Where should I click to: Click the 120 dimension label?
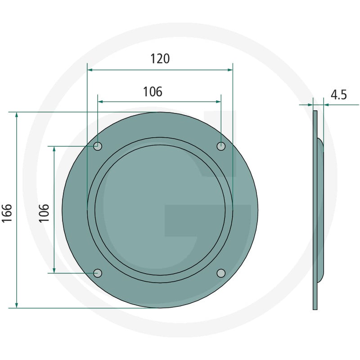click(160, 58)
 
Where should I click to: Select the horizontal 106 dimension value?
click(153, 92)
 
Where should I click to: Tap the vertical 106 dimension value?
click(44, 213)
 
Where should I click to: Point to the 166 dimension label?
click(7, 213)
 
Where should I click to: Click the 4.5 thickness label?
click(339, 94)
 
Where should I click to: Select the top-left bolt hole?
click(98, 146)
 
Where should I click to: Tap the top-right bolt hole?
click(221, 146)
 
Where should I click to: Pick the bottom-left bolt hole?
click(98, 273)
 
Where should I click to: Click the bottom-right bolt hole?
click(221, 273)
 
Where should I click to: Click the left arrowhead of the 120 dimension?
click(90, 70)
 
